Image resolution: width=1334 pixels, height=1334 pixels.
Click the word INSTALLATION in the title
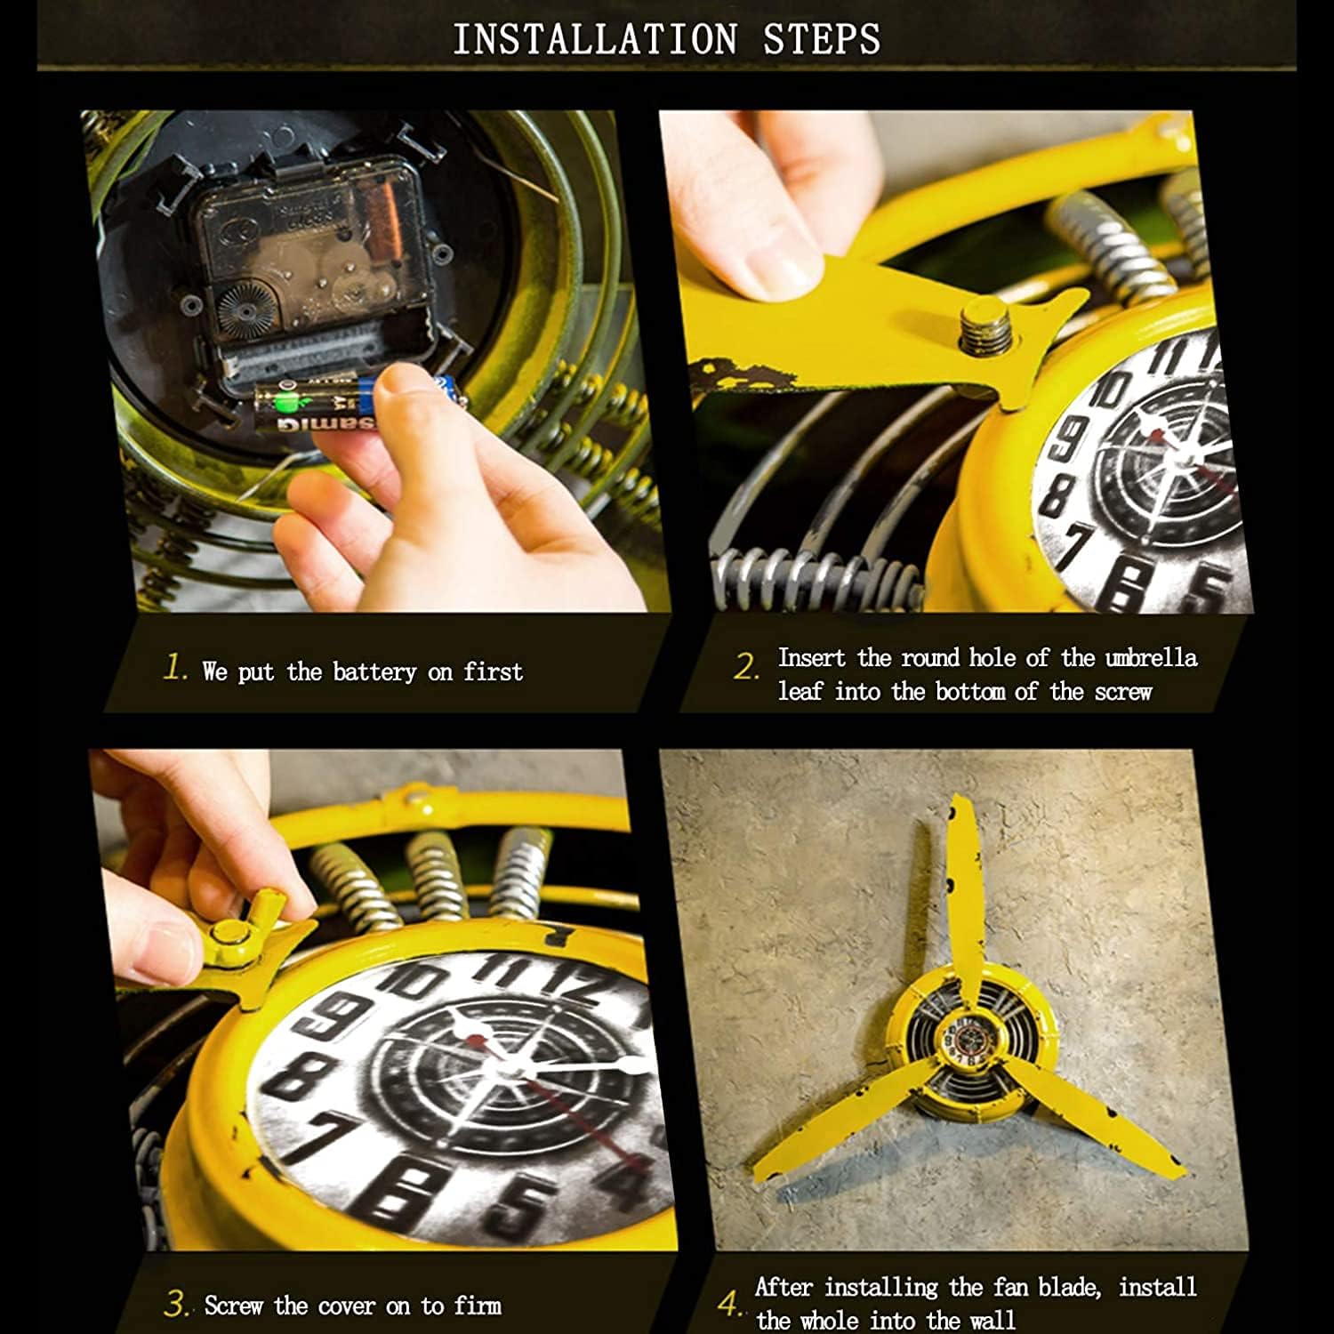pos(595,39)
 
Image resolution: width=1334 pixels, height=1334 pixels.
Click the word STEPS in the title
pos(822,39)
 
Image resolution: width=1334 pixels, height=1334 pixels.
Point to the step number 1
pos(175,667)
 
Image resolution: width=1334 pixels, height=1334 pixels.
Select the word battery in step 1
pos(374,671)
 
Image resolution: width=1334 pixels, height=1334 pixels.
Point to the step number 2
pos(746,666)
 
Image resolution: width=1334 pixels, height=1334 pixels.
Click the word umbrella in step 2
pos(1151,658)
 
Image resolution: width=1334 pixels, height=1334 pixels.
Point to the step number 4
pos(729,1305)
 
